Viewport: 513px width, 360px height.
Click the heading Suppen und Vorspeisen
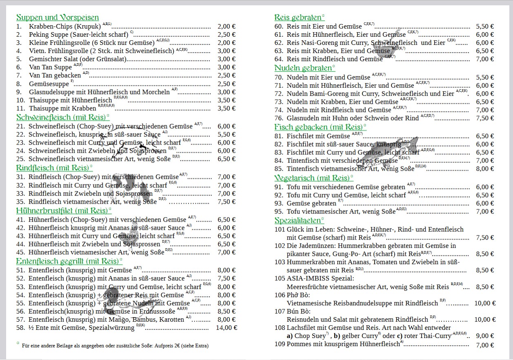(x=58, y=18)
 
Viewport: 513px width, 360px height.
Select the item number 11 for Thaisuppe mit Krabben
(x=21, y=109)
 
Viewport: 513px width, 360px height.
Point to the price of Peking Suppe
(x=227, y=35)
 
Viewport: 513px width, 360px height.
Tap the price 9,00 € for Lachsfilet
(x=485, y=336)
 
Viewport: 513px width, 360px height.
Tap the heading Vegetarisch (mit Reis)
(x=313, y=178)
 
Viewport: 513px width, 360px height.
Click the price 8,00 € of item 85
(x=485, y=169)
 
